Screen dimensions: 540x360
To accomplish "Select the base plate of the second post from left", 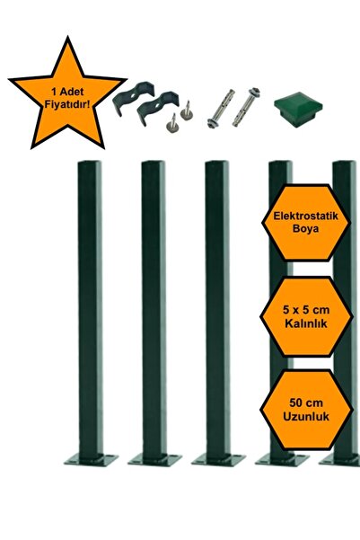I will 154,458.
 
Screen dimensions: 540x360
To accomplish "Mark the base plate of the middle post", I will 217,458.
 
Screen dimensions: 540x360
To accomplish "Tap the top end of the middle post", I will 216,165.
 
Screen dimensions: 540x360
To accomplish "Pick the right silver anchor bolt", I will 246,105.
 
